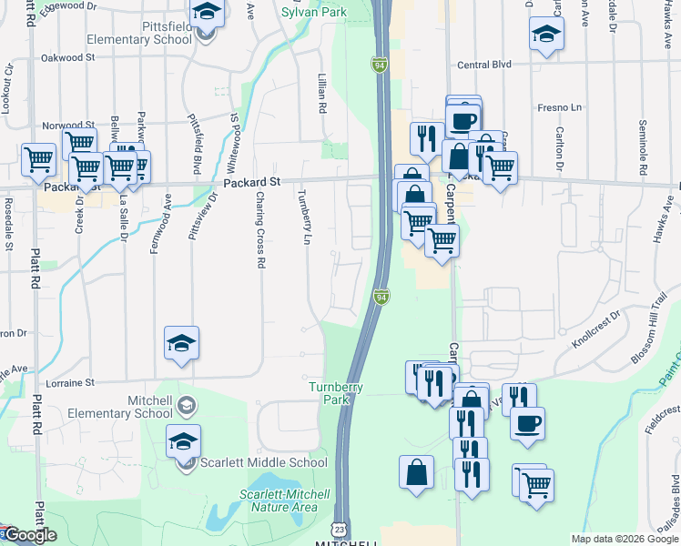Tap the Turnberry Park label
click(x=336, y=393)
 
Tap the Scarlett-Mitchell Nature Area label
click(x=278, y=500)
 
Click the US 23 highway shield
click(x=339, y=529)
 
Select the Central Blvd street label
click(x=484, y=65)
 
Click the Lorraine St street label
click(x=76, y=383)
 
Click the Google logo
click(x=29, y=535)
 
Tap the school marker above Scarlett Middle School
click(x=183, y=441)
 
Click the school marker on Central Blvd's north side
click(x=546, y=34)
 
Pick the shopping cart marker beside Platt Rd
click(x=39, y=159)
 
